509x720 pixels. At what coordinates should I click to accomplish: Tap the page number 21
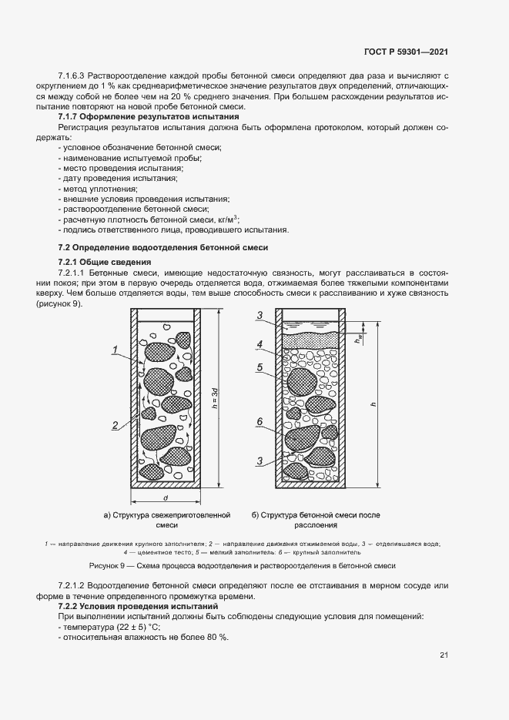pos(444,655)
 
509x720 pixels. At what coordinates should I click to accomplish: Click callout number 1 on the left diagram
pos(114,351)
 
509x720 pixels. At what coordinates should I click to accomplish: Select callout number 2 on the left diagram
pos(114,424)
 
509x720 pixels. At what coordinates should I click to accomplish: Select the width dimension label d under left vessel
pos(166,498)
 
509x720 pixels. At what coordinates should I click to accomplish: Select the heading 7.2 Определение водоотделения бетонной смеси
pos(163,247)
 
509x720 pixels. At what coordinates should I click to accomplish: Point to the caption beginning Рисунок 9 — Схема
pos(242,565)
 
